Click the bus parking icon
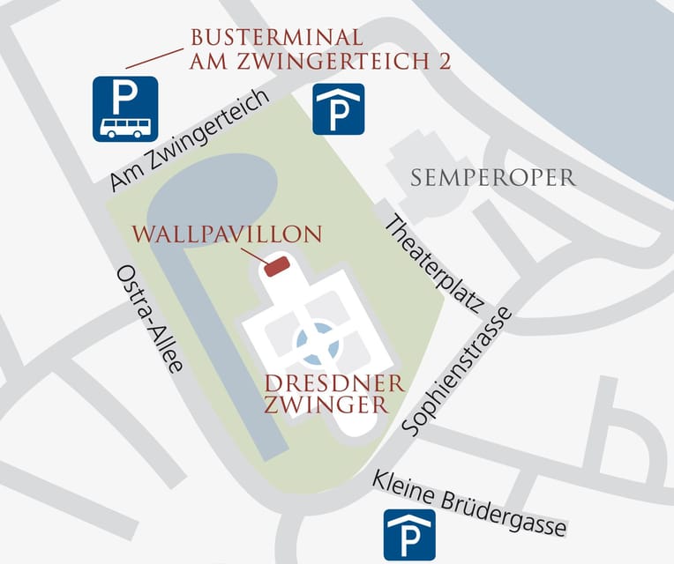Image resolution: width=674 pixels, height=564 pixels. click(x=125, y=108)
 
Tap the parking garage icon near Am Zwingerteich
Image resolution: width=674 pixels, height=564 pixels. click(x=339, y=108)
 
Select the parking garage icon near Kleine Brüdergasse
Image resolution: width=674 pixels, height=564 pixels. click(x=409, y=534)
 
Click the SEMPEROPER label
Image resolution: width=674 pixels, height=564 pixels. click(x=493, y=178)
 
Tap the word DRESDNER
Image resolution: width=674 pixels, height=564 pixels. click(x=335, y=384)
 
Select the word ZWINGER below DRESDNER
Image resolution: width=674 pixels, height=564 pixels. click(x=326, y=405)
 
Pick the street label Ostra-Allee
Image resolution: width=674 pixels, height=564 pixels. click(x=149, y=317)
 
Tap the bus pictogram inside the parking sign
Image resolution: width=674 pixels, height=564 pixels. click(x=125, y=127)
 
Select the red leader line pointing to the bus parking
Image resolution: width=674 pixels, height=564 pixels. click(x=155, y=56)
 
